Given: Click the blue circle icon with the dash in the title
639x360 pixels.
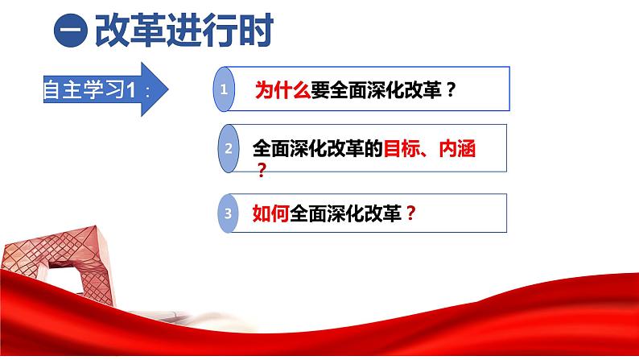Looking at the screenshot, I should coord(70,34).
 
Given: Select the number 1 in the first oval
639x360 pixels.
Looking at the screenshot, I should coord(226,90).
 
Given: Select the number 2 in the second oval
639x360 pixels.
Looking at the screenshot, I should coord(229,148).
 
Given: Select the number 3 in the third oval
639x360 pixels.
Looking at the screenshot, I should coord(229,213).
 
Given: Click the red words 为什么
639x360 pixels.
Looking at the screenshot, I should coord(282,90).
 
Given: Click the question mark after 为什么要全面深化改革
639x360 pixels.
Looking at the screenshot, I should coord(451,90).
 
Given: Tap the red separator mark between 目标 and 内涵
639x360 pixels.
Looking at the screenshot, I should coord(426,151).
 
